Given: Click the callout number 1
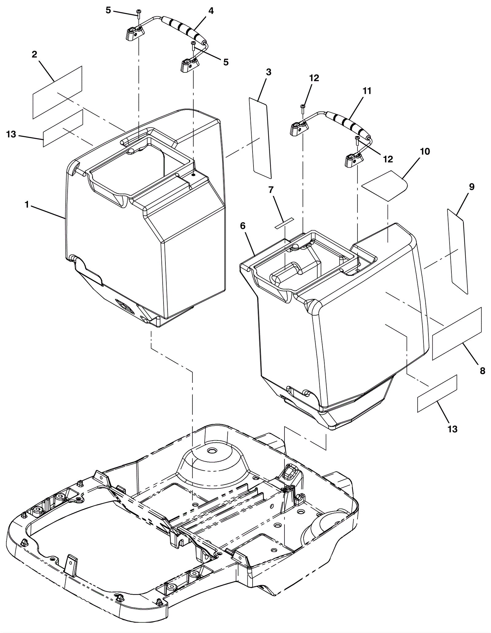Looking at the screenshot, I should pyautogui.click(x=27, y=204).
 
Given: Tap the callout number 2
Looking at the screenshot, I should pyautogui.click(x=34, y=55).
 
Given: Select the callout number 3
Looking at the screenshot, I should pyautogui.click(x=269, y=72).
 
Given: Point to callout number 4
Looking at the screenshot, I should pyautogui.click(x=211, y=11).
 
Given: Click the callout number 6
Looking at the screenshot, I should pyautogui.click(x=243, y=226).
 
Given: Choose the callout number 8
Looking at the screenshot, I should pyautogui.click(x=482, y=371).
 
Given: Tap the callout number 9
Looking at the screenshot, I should pyautogui.click(x=472, y=187).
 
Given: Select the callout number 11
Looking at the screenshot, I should pyautogui.click(x=367, y=91).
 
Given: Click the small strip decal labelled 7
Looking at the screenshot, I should pyautogui.click(x=284, y=223).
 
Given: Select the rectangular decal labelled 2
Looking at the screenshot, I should pyautogui.click(x=57, y=92).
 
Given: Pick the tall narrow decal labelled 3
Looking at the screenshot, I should pyautogui.click(x=260, y=138).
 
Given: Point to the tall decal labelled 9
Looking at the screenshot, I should pyautogui.click(x=458, y=251).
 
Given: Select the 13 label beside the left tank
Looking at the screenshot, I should pyautogui.click(x=11, y=134).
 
